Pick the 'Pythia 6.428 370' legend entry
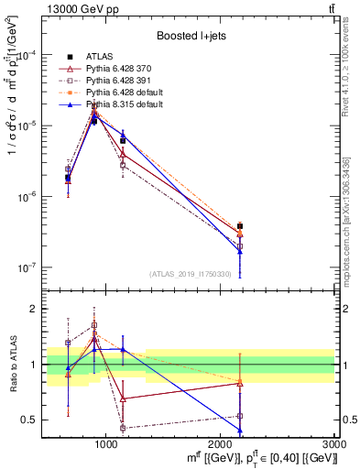[x=119, y=69]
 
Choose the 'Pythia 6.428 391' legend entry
[x=119, y=82]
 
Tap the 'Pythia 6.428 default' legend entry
[x=125, y=93]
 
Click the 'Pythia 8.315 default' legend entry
[x=125, y=106]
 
